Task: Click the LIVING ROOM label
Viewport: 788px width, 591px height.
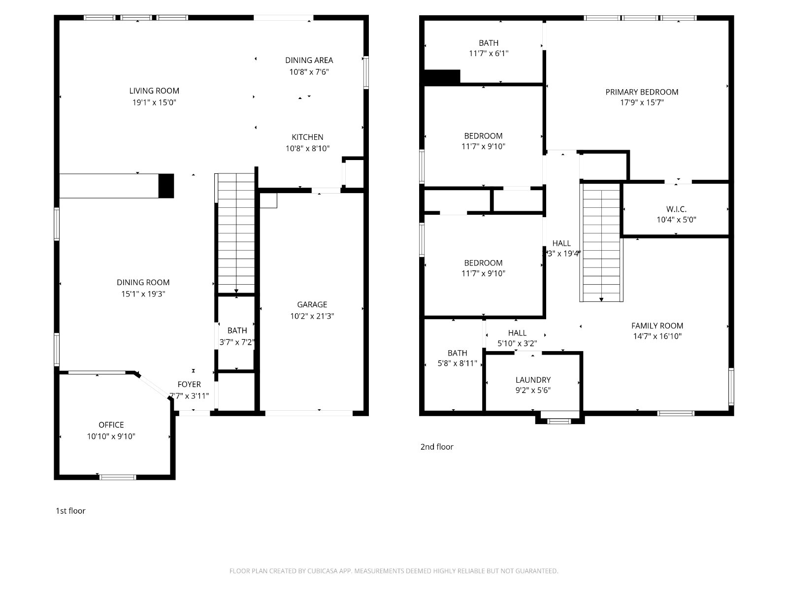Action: tap(154, 91)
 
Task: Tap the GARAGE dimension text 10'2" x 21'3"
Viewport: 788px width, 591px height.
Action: tap(312, 316)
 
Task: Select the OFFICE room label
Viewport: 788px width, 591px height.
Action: tap(111, 425)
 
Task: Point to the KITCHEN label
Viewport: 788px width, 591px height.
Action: tap(307, 137)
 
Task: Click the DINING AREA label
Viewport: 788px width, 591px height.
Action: tap(309, 60)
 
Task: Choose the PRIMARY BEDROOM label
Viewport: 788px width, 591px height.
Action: tap(642, 92)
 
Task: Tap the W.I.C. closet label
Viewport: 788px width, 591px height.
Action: tap(676, 209)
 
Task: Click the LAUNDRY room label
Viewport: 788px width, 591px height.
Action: tap(533, 380)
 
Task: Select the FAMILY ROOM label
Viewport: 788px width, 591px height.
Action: tap(657, 326)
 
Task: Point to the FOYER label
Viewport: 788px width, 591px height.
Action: tap(189, 384)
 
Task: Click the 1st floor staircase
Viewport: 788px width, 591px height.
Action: tap(236, 233)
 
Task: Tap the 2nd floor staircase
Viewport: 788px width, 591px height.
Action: tap(601, 243)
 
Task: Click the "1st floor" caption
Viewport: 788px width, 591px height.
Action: tap(70, 511)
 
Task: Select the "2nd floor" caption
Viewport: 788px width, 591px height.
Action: tap(437, 447)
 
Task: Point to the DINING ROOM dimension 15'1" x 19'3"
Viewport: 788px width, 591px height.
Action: tap(143, 294)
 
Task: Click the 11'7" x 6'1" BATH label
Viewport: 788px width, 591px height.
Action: tap(489, 48)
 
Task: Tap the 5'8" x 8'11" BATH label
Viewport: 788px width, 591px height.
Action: tap(458, 358)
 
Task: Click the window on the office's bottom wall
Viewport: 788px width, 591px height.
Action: tap(118, 477)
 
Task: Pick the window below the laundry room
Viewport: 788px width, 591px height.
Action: tap(559, 421)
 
